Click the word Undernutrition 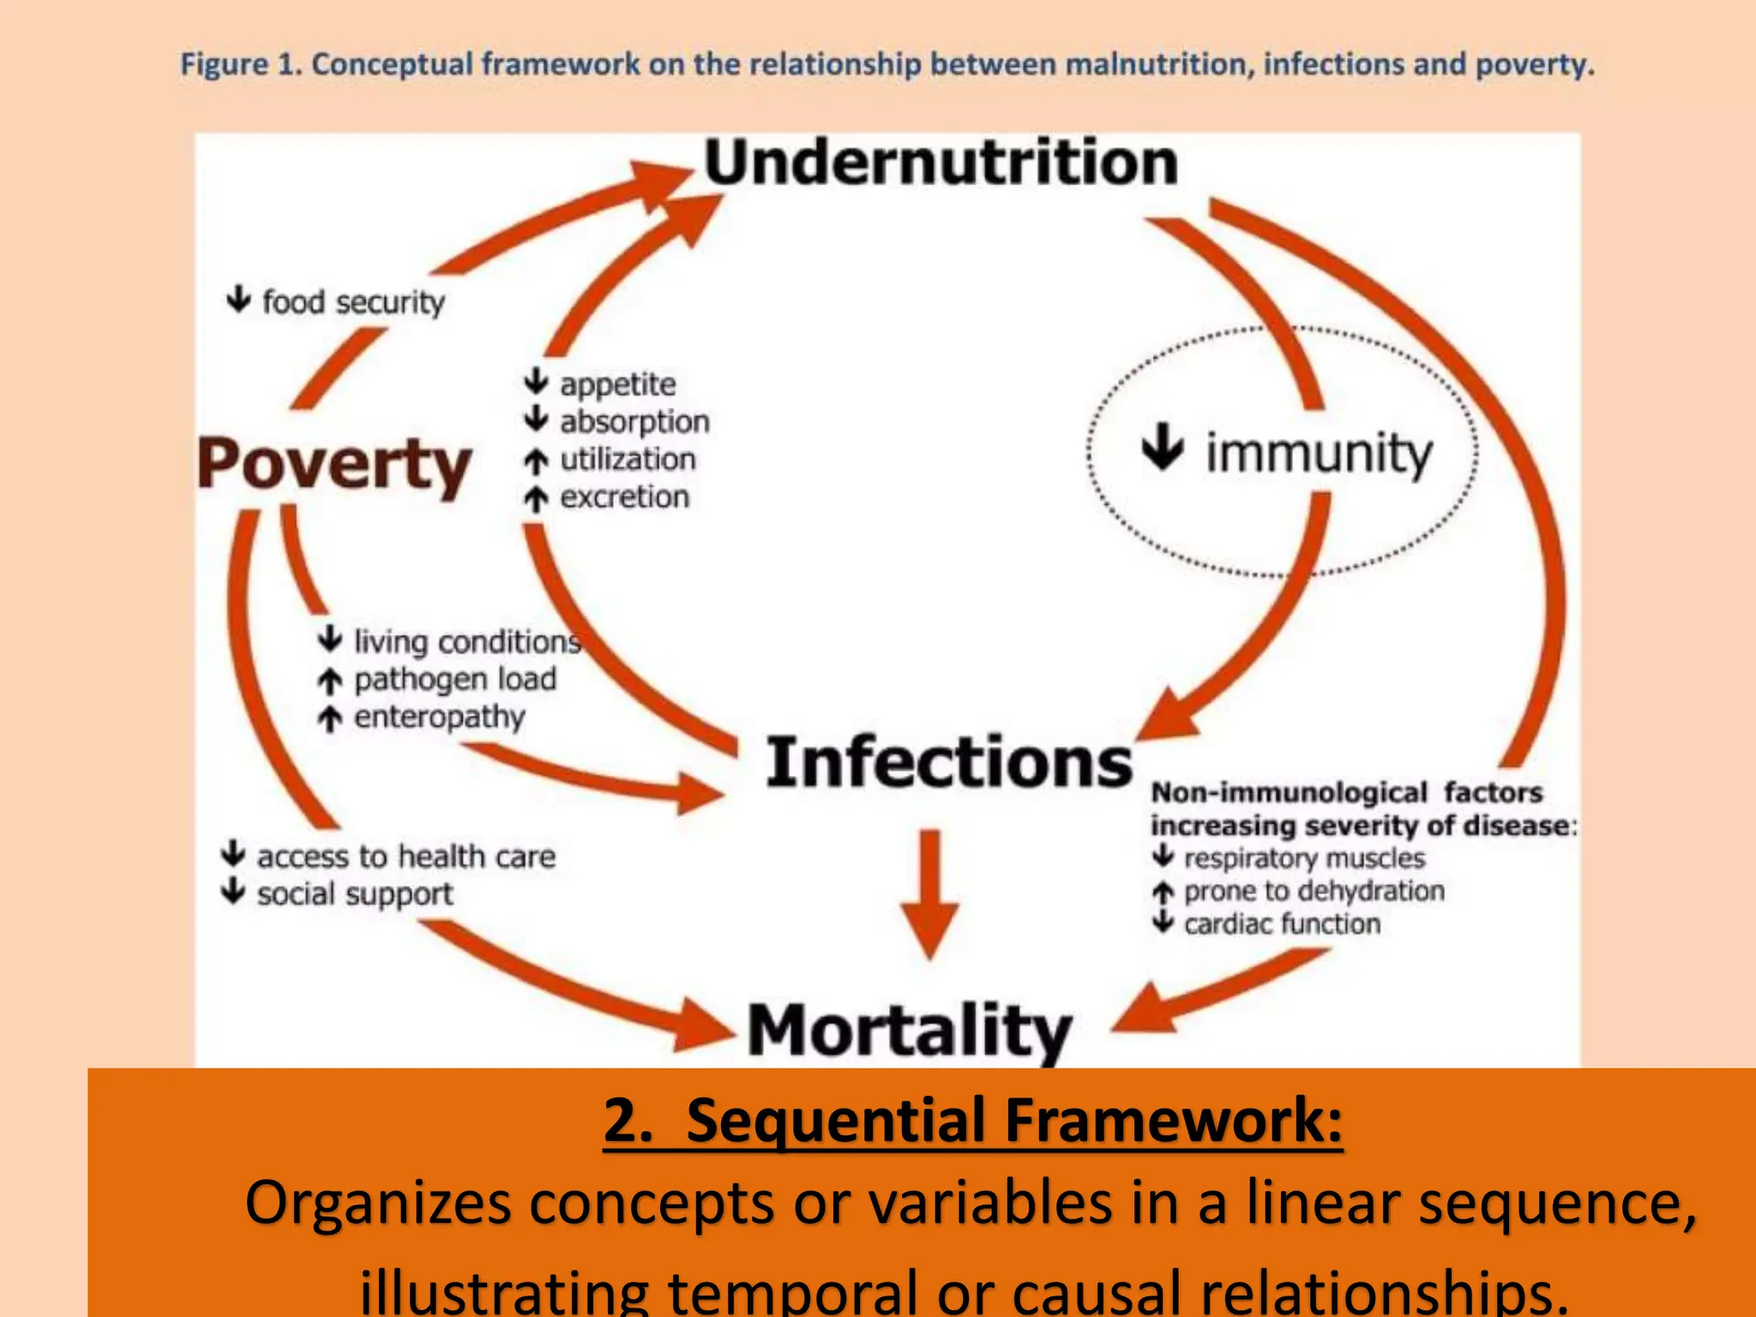[x=941, y=163]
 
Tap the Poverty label [x=334, y=465]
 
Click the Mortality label [x=909, y=1030]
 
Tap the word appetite [x=617, y=384]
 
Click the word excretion [x=624, y=497]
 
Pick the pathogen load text [x=454, y=679]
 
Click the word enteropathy [x=439, y=717]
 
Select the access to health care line [x=406, y=856]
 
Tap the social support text [x=354, y=893]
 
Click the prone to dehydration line [x=1314, y=891]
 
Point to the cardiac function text [x=1282, y=923]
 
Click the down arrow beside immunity [x=1163, y=446]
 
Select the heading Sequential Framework [x=972, y=1120]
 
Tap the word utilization [x=628, y=460]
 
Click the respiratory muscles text [x=1303, y=857]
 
